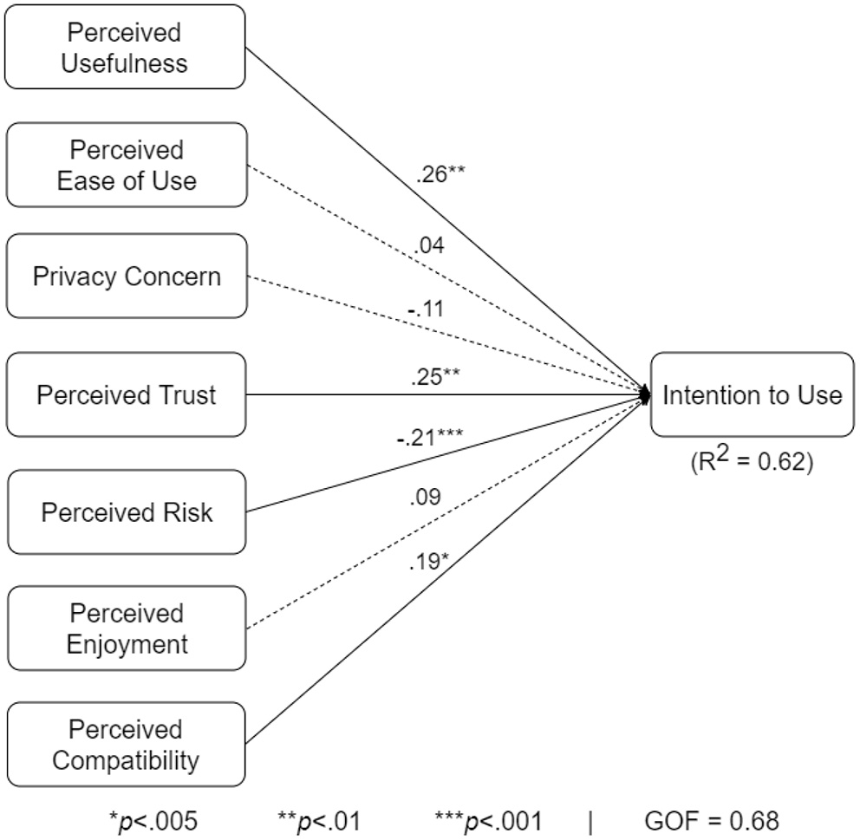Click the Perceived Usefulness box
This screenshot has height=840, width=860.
pos(125,47)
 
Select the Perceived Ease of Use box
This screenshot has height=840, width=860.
pos(125,165)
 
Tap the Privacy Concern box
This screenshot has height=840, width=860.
pos(125,277)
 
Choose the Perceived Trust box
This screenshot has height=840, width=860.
pos(125,394)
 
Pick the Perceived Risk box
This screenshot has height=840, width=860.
pos(125,511)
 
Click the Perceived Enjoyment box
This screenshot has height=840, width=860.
pos(125,628)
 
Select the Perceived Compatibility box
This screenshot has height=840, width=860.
pos(125,745)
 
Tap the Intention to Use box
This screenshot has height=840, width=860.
pos(752,394)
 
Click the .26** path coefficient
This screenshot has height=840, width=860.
pos(440,174)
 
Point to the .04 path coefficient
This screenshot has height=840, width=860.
pos(430,247)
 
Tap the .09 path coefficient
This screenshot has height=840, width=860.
pos(426,497)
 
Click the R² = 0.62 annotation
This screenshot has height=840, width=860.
pos(752,460)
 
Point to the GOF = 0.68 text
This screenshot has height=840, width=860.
pos(712,819)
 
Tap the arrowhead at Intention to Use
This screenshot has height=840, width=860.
pos(644,394)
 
